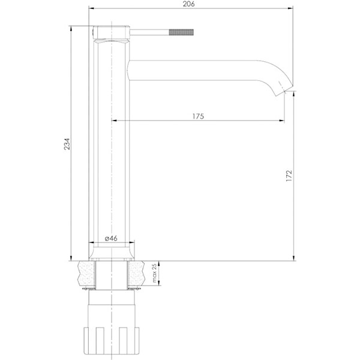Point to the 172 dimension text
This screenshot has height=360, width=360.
(x=289, y=175)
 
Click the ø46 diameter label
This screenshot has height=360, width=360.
(x=110, y=238)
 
